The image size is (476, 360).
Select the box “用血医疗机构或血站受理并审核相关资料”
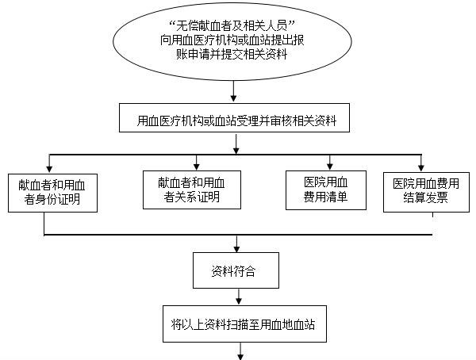tap(234, 118)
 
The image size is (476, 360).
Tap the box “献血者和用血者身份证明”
tap(52, 193)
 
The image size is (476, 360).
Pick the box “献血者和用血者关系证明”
tap(192, 190)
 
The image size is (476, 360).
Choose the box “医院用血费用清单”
tap(326, 190)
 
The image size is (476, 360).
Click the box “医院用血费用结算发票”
tap(426, 192)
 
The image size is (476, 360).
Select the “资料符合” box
tap(236, 270)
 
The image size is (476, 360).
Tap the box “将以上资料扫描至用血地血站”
tap(244, 324)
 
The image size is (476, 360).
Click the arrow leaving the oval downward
tap(233, 91)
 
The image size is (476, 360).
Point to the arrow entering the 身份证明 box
tap(49, 163)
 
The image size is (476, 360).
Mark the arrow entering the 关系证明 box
tap(197, 163)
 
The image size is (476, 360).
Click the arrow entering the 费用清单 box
tap(330, 163)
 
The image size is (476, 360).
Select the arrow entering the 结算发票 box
tap(421, 163)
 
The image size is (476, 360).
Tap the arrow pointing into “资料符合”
tap(236, 243)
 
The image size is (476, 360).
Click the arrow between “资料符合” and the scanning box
tap(239, 297)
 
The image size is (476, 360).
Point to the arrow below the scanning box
tap(240, 351)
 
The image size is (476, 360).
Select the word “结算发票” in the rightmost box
tap(425, 198)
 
